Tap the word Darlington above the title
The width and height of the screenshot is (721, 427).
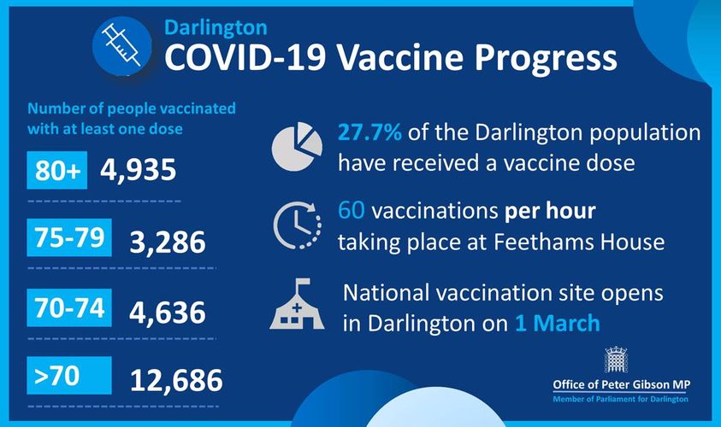216,28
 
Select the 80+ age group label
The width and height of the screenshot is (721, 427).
57,170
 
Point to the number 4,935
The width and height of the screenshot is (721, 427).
138,170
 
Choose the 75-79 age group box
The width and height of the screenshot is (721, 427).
69,237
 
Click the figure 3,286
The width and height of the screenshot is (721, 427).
168,243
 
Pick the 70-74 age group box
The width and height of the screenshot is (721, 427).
69,307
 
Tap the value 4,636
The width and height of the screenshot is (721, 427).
168,313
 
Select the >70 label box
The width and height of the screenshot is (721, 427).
69,375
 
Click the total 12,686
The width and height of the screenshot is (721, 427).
176,381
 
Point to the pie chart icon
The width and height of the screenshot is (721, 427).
297,147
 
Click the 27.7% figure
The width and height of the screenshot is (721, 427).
369,132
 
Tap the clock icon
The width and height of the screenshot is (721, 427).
297,225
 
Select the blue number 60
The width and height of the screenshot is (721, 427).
352,211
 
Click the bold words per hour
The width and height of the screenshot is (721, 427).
550,212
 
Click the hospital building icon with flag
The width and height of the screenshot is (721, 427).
297,303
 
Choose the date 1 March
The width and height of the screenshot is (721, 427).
558,323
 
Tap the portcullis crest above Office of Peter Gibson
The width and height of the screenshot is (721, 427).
616,360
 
